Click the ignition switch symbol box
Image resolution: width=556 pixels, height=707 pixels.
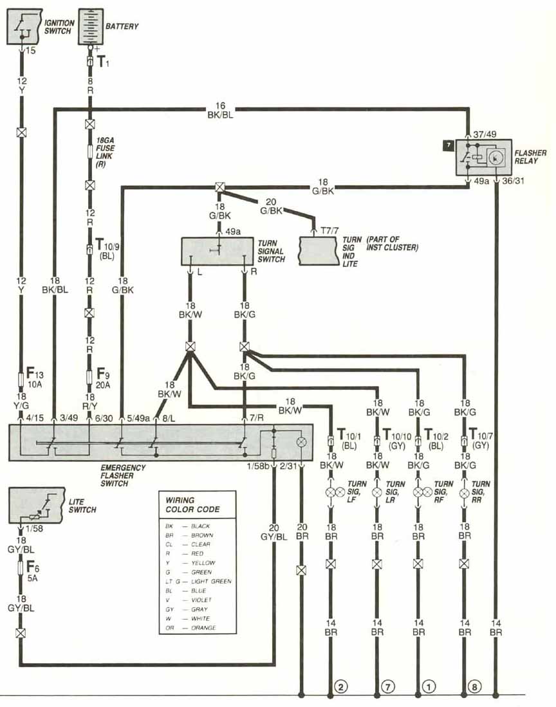click(x=24, y=26)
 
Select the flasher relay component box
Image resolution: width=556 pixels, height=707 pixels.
click(x=484, y=157)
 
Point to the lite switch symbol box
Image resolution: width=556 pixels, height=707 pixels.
click(x=37, y=504)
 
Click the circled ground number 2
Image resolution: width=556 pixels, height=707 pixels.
click(x=341, y=686)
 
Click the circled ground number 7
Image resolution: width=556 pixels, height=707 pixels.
click(x=387, y=686)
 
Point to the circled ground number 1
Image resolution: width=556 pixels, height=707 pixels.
click(x=428, y=686)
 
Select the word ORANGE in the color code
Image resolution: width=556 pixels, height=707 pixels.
click(x=205, y=628)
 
